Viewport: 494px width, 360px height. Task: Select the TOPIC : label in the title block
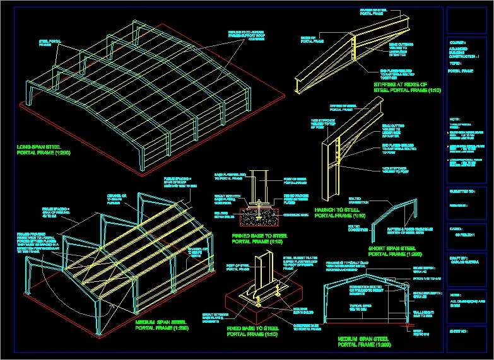(x=456, y=64)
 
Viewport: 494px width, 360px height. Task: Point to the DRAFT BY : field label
(x=459, y=258)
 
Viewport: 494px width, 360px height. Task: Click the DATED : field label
(x=456, y=229)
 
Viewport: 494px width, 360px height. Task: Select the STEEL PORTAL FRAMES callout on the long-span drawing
(x=46, y=43)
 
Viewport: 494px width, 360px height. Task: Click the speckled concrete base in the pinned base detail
(x=261, y=218)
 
